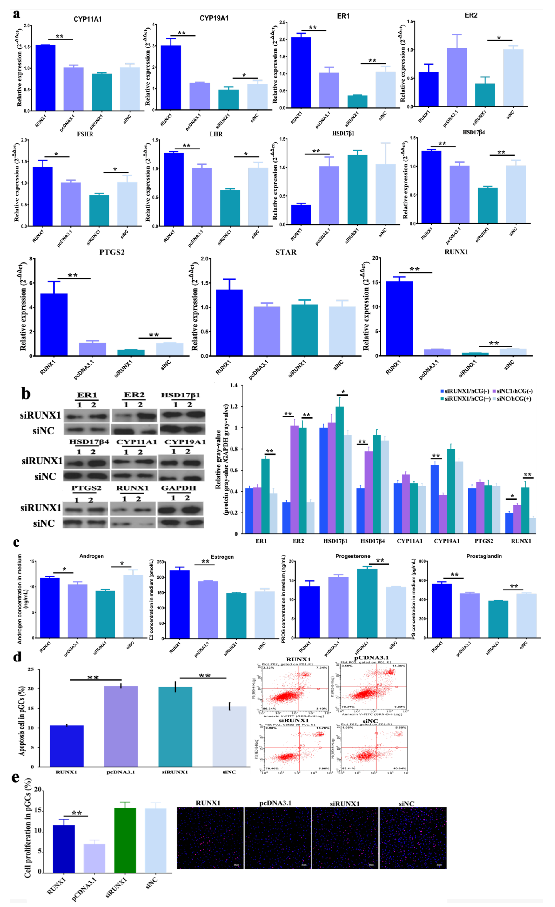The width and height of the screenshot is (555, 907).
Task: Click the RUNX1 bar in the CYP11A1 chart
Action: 45,78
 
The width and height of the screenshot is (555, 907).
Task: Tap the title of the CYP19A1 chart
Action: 214,18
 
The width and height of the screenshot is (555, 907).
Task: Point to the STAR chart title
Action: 286,252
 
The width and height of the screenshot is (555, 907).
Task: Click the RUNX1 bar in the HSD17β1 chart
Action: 301,214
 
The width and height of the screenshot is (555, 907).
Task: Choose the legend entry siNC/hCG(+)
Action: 514,399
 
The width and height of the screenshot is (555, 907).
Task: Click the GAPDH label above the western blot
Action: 179,488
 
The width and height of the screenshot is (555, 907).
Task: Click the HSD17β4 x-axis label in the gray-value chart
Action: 372,541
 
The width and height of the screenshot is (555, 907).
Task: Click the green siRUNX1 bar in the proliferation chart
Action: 125,840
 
